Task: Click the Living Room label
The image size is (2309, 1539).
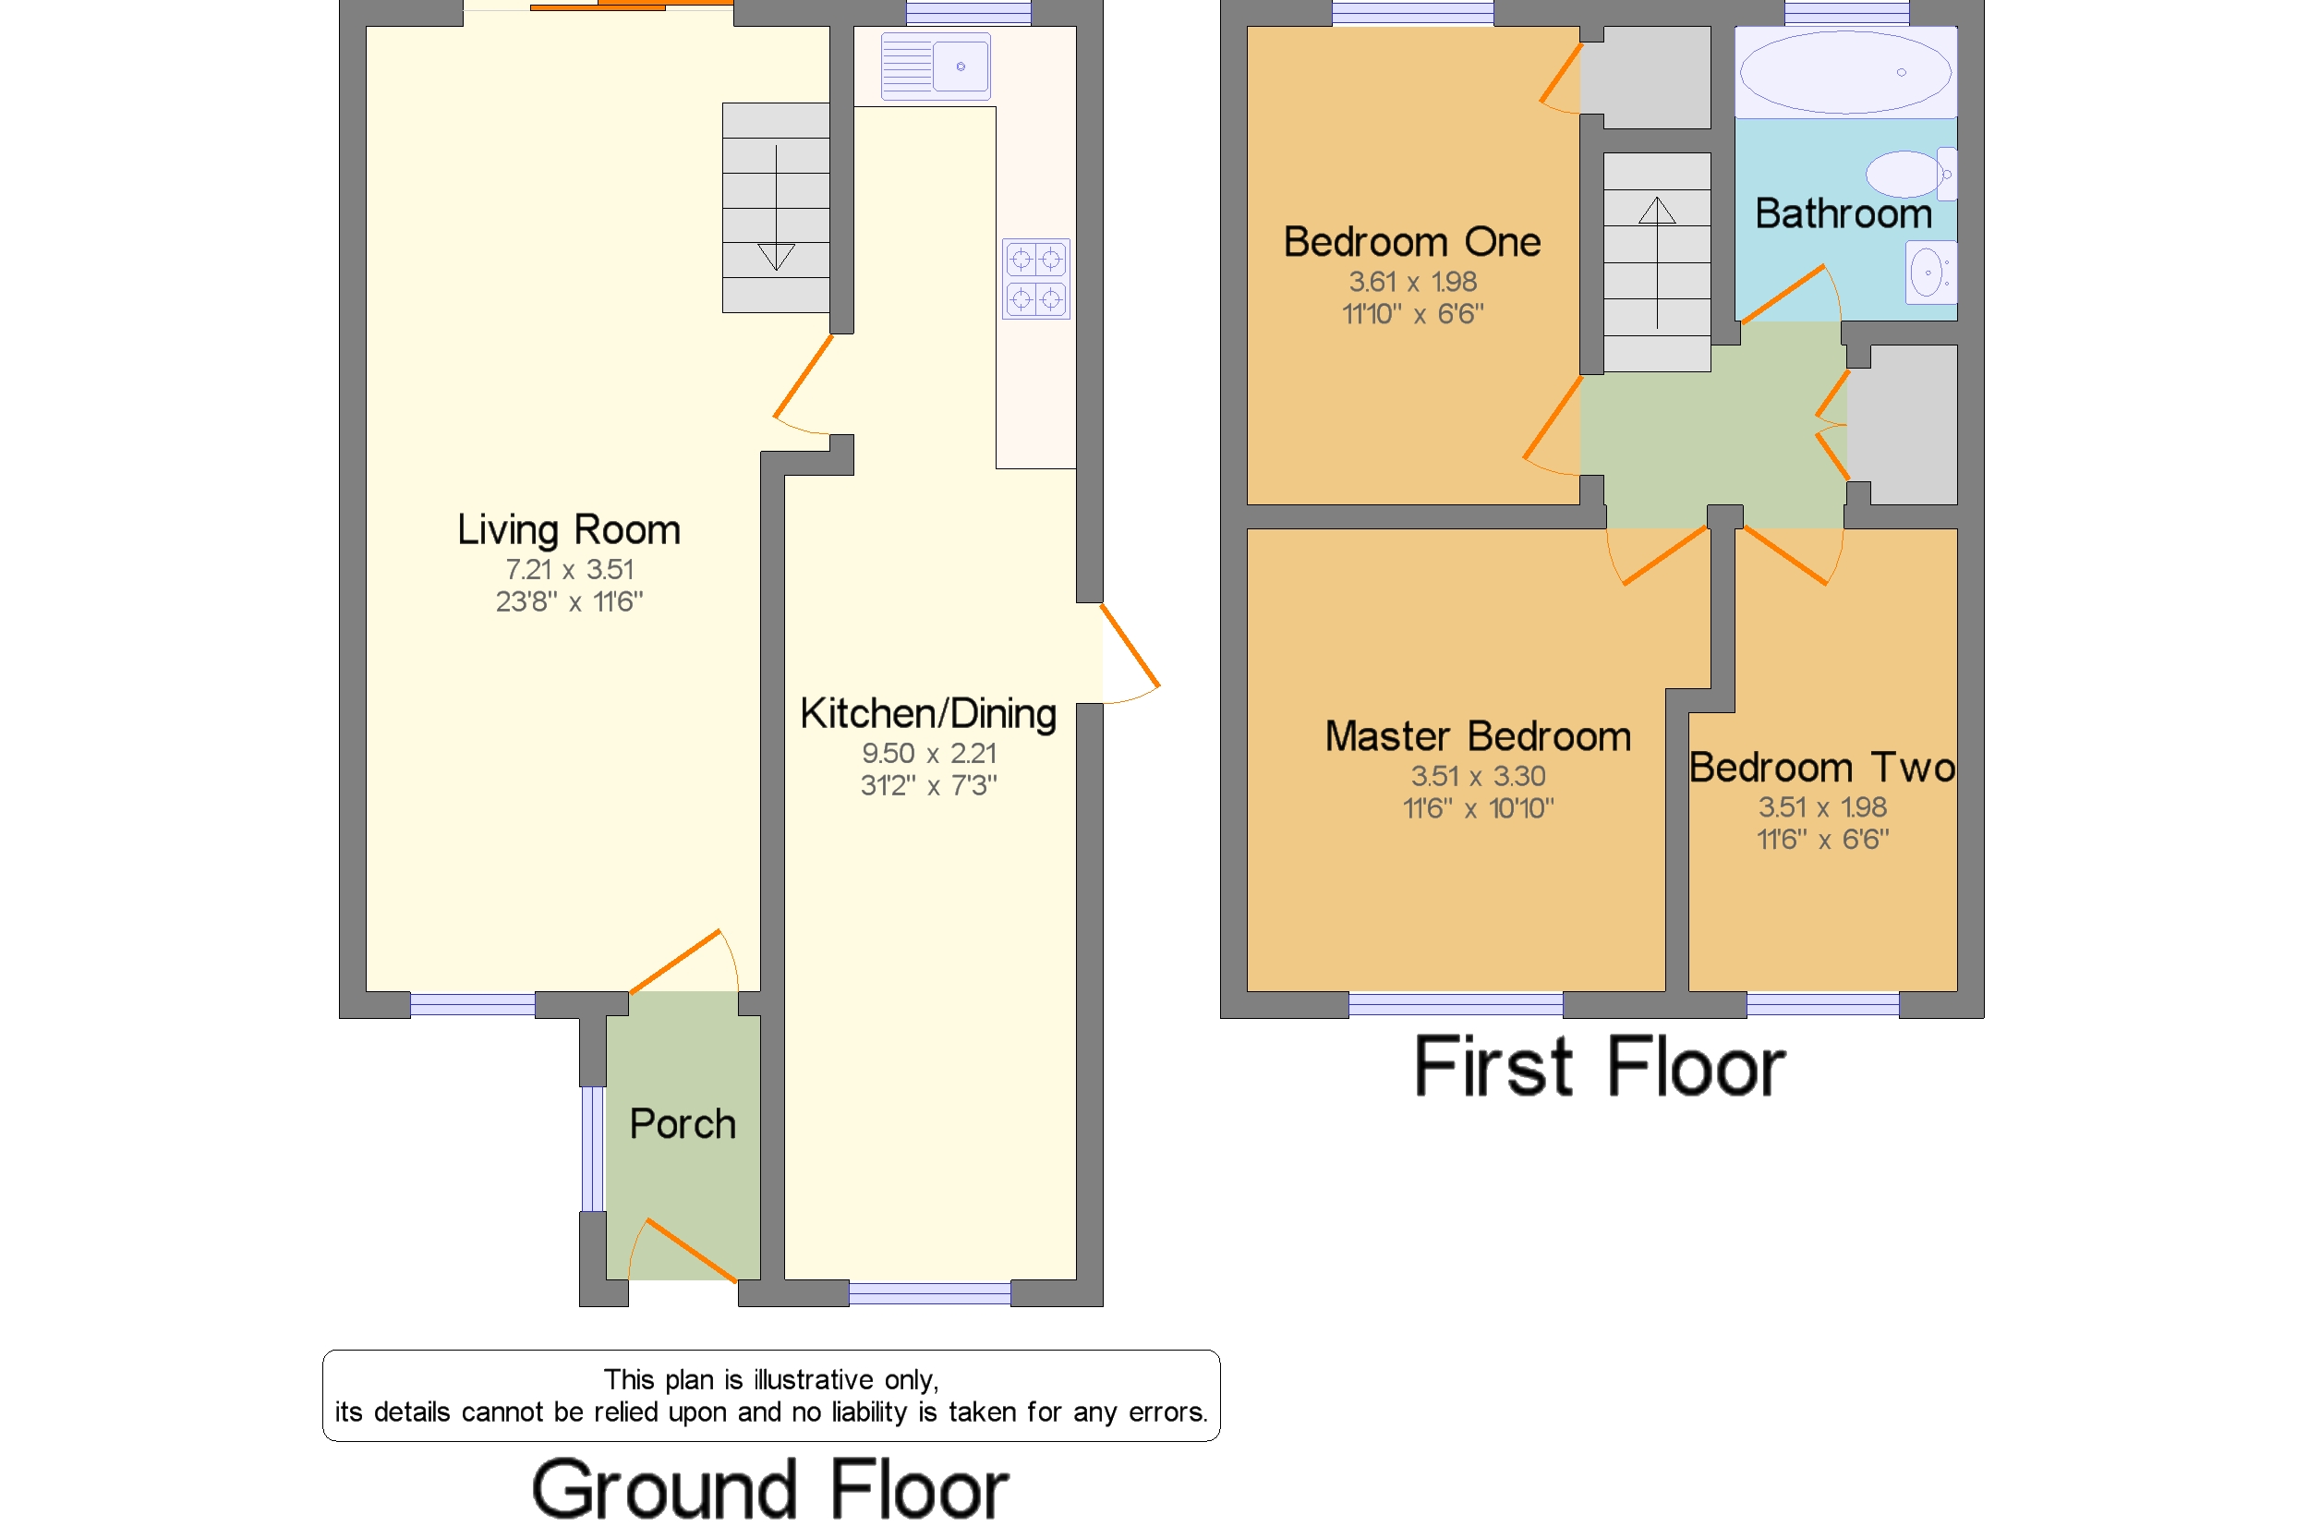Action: click(569, 531)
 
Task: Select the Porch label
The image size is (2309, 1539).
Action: click(682, 1124)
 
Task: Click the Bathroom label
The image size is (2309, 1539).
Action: click(1843, 214)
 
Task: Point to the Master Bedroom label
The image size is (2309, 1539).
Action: click(1478, 737)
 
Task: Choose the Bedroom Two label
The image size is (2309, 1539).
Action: click(1822, 769)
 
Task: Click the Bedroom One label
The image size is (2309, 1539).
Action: click(1412, 242)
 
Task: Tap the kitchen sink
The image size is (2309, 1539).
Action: click(936, 67)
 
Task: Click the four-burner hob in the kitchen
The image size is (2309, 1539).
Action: click(1035, 279)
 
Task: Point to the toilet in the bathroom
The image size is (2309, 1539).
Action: click(1911, 175)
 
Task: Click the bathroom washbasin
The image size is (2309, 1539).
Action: click(1930, 273)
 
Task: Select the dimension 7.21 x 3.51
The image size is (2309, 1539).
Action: click(569, 570)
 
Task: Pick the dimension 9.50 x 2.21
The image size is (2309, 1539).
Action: click(928, 754)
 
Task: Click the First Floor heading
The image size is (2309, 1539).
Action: click(1600, 1067)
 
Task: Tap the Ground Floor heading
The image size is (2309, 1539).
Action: click(770, 1490)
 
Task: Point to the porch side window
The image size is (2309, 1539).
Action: click(592, 1149)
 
